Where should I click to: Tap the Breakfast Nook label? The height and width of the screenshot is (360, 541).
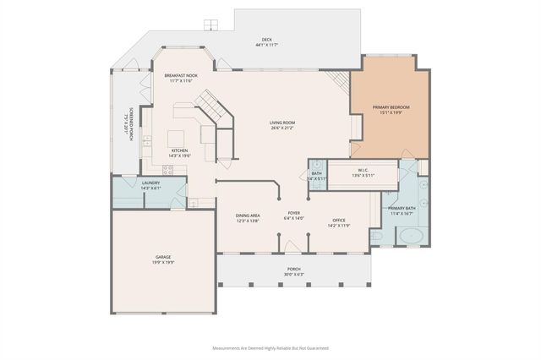click(x=180, y=76)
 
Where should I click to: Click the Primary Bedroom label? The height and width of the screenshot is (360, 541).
click(x=391, y=107)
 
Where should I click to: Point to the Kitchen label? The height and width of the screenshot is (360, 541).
click(x=179, y=150)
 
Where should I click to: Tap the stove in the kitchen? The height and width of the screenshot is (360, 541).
click(x=168, y=170)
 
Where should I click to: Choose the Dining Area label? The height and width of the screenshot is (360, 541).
click(x=248, y=215)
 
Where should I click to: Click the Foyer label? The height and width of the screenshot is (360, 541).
click(x=293, y=213)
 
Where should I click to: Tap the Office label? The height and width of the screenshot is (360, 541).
click(x=338, y=221)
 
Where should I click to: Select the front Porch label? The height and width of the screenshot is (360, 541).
click(x=293, y=269)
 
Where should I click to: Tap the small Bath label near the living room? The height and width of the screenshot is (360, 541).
click(x=315, y=173)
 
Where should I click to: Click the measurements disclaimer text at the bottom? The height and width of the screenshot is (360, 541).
click(x=270, y=347)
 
